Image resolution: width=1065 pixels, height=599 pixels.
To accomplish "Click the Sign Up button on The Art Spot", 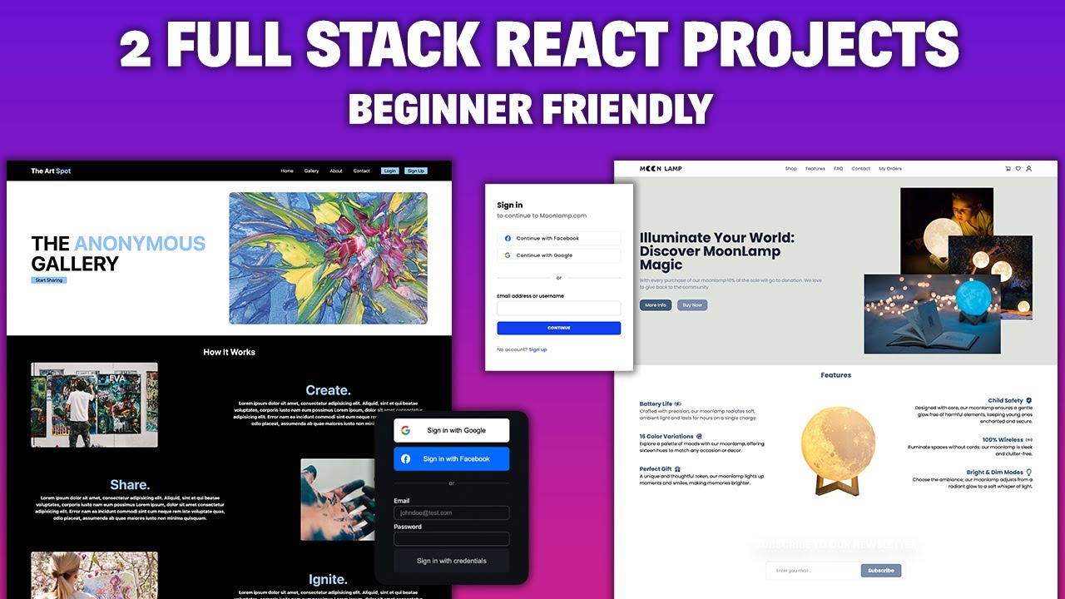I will [x=416, y=171].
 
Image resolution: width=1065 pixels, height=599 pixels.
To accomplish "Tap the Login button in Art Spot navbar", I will [x=389, y=171].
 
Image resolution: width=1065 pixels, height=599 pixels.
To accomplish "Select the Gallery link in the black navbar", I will [x=311, y=171].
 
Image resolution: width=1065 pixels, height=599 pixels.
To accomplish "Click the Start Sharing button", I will [x=49, y=280].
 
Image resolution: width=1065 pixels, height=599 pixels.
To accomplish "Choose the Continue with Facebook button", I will [x=558, y=239].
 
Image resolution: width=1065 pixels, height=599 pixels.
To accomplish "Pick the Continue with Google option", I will [x=558, y=255].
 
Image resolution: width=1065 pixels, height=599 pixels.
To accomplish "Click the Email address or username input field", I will [x=558, y=308].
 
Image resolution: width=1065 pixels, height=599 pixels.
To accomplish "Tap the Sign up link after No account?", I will [x=537, y=349].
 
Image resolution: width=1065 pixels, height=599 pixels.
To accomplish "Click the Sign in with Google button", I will [x=451, y=430].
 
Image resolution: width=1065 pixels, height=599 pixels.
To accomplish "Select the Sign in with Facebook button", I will [x=451, y=458].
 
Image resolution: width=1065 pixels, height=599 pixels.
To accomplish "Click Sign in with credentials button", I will [x=451, y=561].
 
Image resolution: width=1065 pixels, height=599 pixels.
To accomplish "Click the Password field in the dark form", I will [x=451, y=538].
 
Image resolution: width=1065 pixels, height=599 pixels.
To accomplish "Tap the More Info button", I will [x=656, y=305].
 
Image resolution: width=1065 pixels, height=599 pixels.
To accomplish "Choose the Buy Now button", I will [x=692, y=305].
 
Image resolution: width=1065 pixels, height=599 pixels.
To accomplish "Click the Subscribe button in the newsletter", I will [x=881, y=571].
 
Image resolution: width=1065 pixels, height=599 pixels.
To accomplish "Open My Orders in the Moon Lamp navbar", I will [x=890, y=169].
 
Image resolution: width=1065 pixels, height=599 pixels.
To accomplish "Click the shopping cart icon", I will [x=1008, y=169].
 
